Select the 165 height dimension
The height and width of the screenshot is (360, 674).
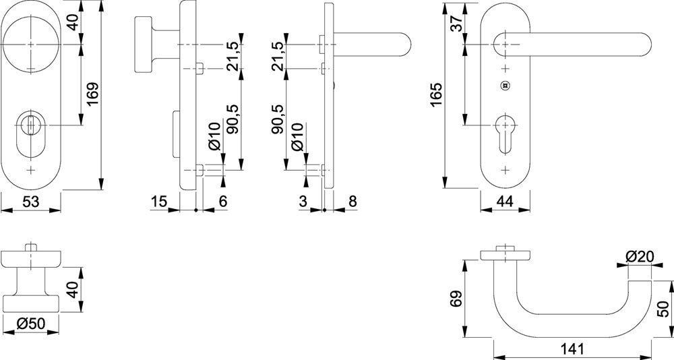437,97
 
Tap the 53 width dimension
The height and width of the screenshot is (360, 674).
31,201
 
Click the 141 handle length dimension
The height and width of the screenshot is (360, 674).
572,349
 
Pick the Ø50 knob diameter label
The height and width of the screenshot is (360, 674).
30,324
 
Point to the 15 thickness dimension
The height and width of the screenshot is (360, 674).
158,201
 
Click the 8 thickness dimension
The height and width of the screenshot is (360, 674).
353,201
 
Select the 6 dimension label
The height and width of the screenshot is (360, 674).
223,201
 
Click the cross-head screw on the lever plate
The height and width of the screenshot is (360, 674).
503,86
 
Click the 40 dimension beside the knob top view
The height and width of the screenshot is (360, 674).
74,291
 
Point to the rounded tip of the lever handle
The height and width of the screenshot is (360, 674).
644,44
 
